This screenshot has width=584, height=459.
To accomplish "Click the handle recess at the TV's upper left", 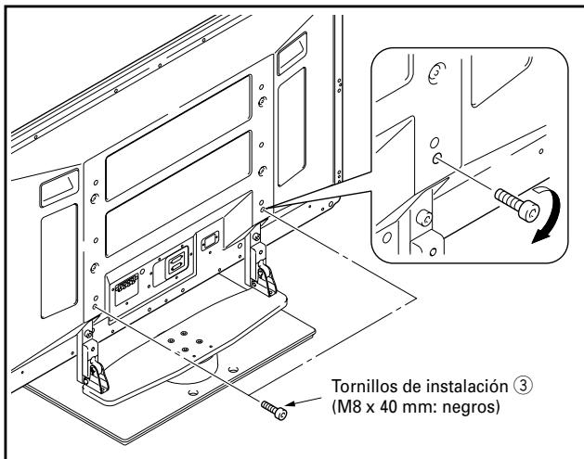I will (x=49, y=193).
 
